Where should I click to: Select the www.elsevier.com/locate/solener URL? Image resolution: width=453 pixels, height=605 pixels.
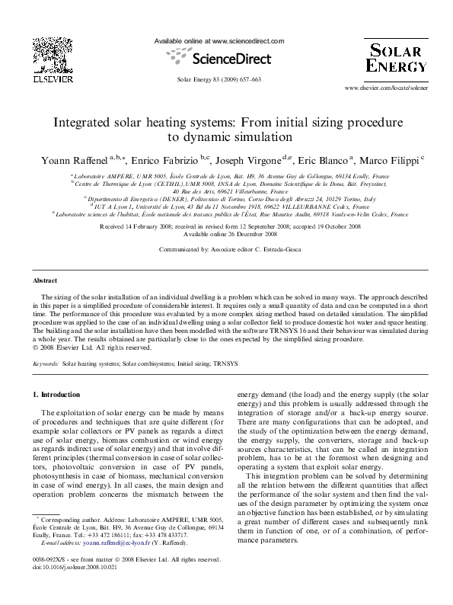pyautogui.click(x=385, y=88)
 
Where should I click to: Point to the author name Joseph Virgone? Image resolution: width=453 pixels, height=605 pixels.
pyautogui.click(x=251, y=160)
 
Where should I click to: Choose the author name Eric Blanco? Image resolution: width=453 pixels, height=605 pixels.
pyautogui.click(x=323, y=160)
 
